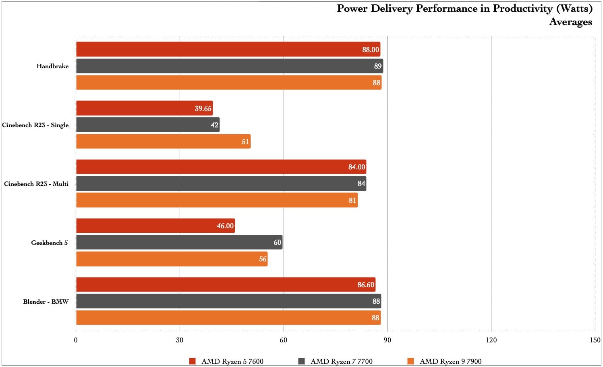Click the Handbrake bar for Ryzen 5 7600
pyautogui.click(x=228, y=49)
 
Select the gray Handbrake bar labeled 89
pyautogui.click(x=230, y=66)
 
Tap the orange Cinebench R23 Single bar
pyautogui.click(x=163, y=142)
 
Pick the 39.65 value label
pyautogui.click(x=203, y=108)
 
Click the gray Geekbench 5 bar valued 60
pyautogui.click(x=179, y=242)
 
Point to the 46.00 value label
pyautogui.click(x=225, y=226)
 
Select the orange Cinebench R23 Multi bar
pyautogui.click(x=217, y=200)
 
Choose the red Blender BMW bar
pyautogui.click(x=226, y=285)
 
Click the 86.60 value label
pyautogui.click(x=366, y=285)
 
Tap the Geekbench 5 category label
pyautogui.click(x=49, y=243)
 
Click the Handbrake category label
pyautogui.click(x=52, y=66)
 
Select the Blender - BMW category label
pyautogui.click(x=46, y=302)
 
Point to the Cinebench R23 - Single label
pyautogui.click(x=35, y=125)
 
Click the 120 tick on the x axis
pyautogui.click(x=491, y=340)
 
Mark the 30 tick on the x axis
pyautogui.click(x=180, y=340)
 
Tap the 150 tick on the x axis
pyautogui.click(x=595, y=340)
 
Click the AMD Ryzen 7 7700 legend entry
pyautogui.click(x=341, y=361)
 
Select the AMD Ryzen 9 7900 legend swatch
pyautogui.click(x=411, y=361)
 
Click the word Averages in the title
pyautogui.click(x=570, y=22)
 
